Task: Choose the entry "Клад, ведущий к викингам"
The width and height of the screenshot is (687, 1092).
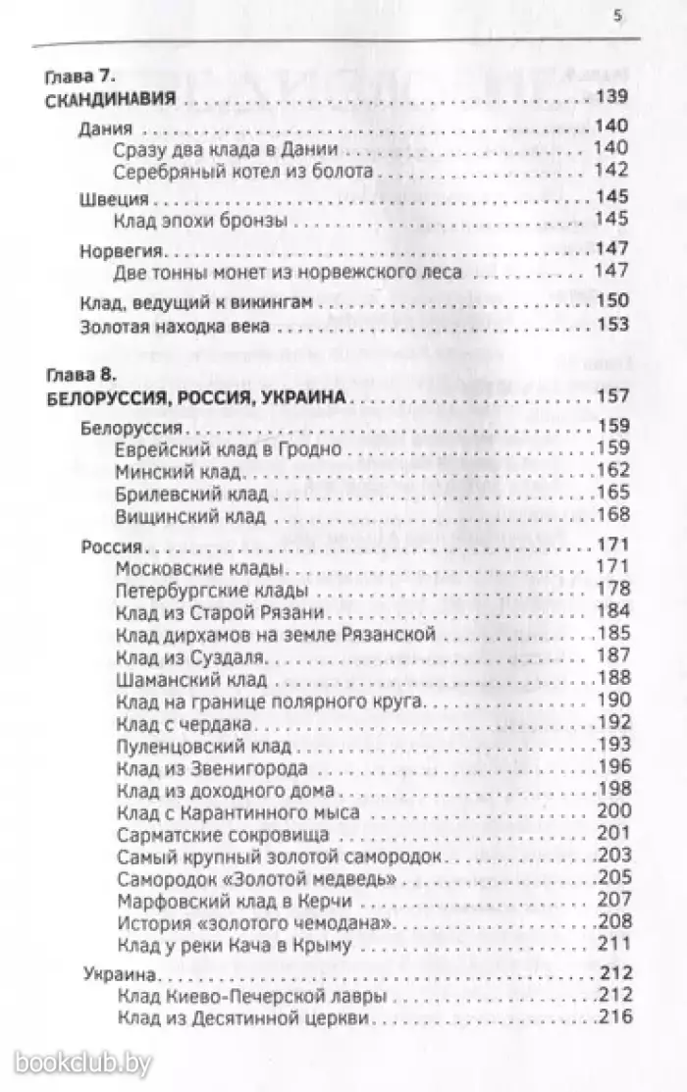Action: [x=185, y=304]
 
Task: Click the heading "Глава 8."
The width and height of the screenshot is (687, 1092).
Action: [x=82, y=374]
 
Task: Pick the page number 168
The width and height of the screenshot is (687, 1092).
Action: [x=617, y=515]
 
